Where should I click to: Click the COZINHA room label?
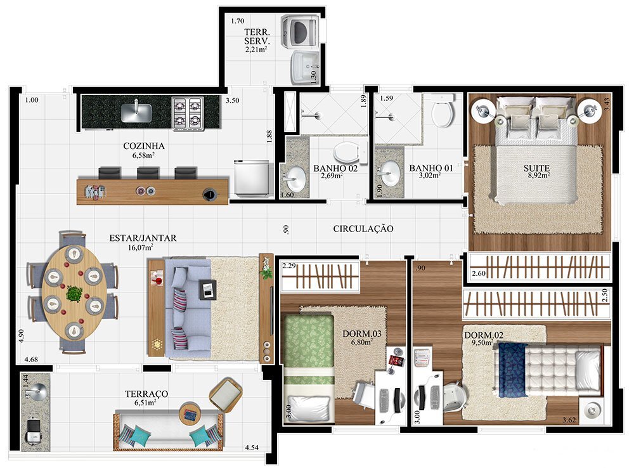pos(145,146)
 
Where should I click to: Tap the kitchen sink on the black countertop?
pos(136,112)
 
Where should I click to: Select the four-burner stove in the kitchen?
pos(188,112)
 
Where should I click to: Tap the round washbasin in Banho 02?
pos(294,176)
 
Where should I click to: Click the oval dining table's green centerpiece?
pos(75,294)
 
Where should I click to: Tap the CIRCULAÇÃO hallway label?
pos(363,228)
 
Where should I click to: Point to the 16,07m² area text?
pos(142,248)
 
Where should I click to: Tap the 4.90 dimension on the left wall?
pos(22,335)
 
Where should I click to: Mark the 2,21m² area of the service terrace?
pos(257,48)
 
